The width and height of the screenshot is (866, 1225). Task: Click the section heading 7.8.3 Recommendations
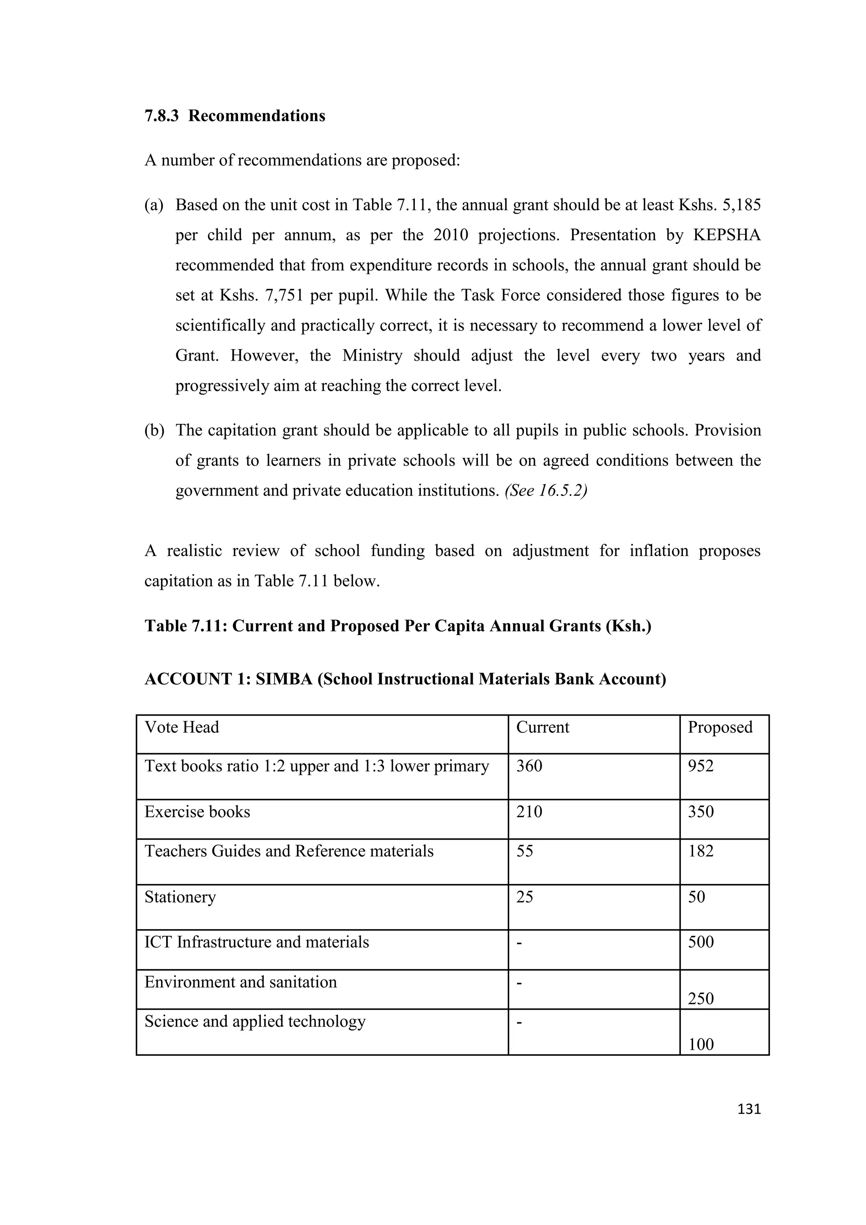coord(235,116)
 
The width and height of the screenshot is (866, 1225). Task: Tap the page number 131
coord(749,1109)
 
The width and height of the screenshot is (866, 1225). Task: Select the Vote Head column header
coord(182,727)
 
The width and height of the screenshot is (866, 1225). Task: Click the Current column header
coord(543,727)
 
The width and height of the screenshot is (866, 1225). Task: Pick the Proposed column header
coord(720,727)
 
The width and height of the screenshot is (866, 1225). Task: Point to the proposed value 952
coord(700,766)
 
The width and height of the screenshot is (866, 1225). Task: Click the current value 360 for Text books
coord(529,766)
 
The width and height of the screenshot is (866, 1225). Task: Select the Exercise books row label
coord(197,812)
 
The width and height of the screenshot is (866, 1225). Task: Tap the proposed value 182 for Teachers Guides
coord(700,851)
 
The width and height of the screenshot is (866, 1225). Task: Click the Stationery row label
coord(180,897)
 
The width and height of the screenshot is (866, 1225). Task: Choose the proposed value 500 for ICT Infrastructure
coord(700,941)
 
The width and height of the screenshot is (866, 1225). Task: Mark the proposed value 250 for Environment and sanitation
coord(700,998)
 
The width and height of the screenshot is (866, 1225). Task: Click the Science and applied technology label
coord(255,1021)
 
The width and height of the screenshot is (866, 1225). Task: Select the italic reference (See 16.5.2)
coord(545,491)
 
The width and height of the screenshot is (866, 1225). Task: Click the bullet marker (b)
coord(154,431)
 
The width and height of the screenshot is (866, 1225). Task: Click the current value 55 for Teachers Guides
coord(525,851)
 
